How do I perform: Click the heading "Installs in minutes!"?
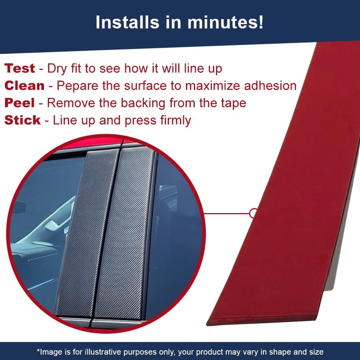click(x=180, y=23)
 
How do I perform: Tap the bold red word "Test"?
click(x=20, y=69)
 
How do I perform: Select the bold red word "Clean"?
click(x=25, y=86)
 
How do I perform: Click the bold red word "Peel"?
click(x=20, y=103)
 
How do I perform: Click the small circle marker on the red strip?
click(x=254, y=213)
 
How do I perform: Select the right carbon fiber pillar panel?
click(x=124, y=229)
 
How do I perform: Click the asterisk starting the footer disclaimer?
click(x=38, y=351)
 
